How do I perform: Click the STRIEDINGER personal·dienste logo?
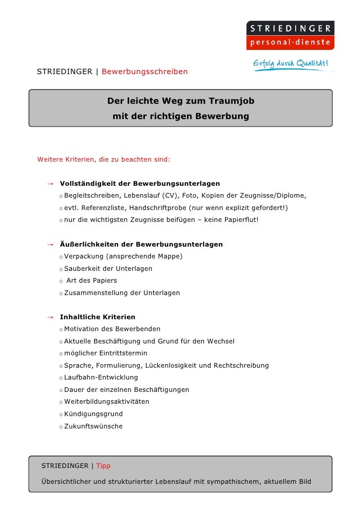coord(290,35)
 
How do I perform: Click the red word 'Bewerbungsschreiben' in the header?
coord(144,72)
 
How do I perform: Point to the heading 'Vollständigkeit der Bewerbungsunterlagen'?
coord(140,184)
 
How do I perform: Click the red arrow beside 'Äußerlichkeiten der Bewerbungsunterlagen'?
coord(50,245)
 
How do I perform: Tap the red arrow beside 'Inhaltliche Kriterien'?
coord(50,317)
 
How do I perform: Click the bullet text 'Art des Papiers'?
coord(91,281)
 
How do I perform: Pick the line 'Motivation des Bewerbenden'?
coord(112,329)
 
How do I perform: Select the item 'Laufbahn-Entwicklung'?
coord(101,378)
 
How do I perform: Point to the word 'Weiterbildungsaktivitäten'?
coord(107,402)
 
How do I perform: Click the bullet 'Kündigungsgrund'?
coord(93,414)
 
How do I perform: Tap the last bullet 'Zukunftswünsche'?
coord(93,426)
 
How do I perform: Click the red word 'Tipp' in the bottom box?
coord(103,466)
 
